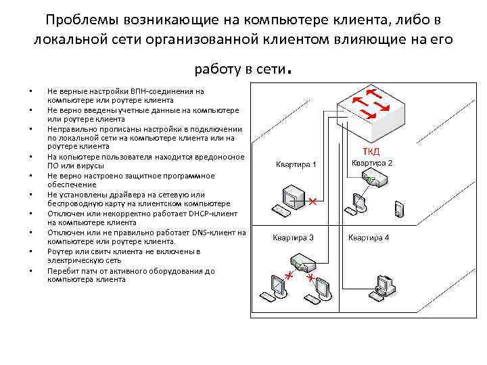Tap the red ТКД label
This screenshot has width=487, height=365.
pos(371,150)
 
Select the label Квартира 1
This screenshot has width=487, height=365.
pos(295,164)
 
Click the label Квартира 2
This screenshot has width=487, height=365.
pos(371,163)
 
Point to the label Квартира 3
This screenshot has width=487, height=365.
pos(293,238)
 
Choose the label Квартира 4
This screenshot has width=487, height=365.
pos(369,238)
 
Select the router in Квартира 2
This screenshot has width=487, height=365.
pos(374,180)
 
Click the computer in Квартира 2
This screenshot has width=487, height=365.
pos(359,201)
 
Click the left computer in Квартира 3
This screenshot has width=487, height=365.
pos(277,287)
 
